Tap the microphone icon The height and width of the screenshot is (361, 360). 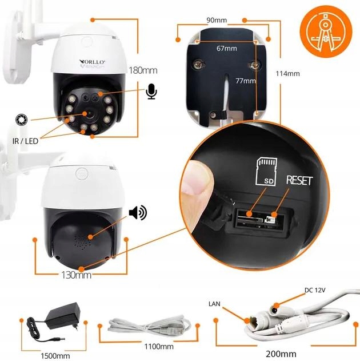tap(151, 91)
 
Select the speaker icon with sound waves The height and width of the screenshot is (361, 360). tap(138, 213)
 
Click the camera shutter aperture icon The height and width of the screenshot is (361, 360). tap(21, 120)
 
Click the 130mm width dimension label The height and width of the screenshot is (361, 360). tap(76, 275)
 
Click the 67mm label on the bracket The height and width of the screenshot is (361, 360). tap(226, 49)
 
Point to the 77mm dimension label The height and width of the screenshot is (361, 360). tap(246, 81)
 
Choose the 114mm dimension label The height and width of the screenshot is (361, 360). tap(287, 74)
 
